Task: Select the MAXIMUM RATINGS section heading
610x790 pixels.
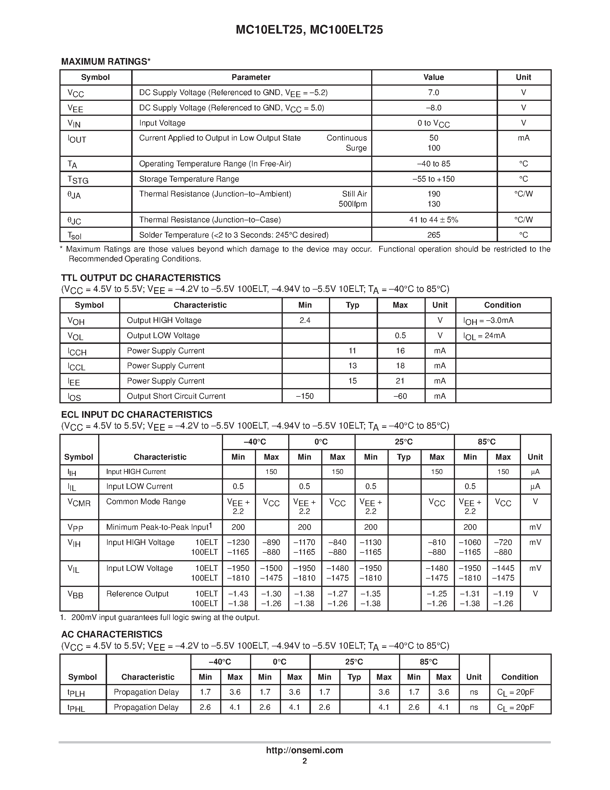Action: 106,61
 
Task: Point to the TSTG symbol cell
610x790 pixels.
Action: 78,180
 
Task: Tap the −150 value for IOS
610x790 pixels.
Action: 305,396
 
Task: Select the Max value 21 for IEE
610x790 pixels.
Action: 400,381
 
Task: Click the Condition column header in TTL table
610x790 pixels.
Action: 502,305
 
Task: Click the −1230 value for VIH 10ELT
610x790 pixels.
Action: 238,542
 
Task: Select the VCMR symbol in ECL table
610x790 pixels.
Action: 79,502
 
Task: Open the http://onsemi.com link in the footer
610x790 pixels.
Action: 304,750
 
